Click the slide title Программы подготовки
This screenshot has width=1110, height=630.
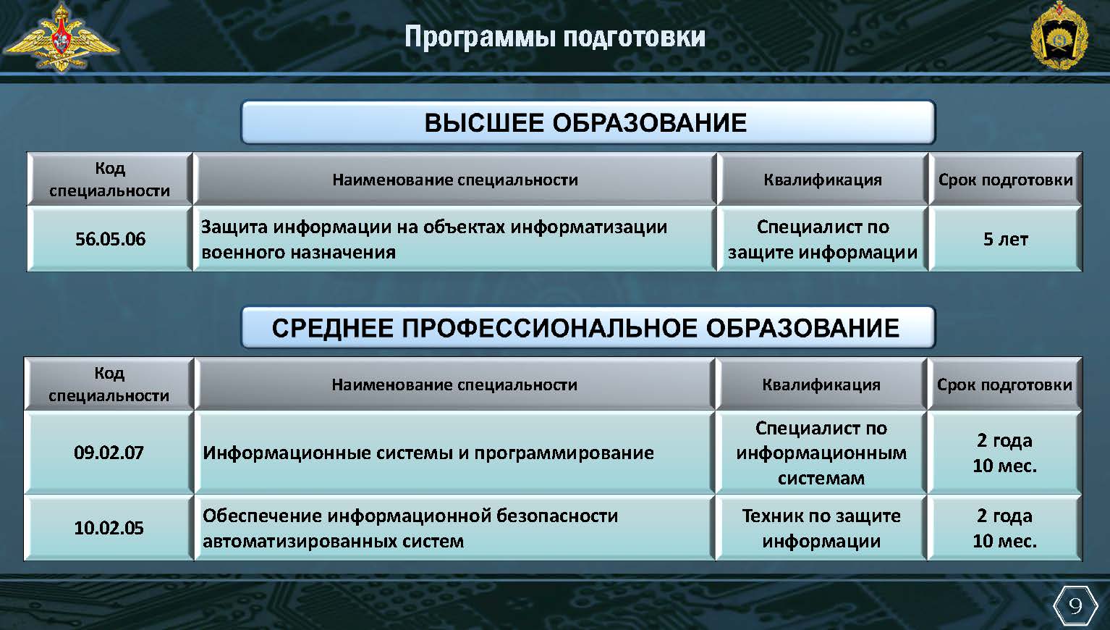tap(555, 37)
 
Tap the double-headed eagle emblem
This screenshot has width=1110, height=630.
tap(61, 37)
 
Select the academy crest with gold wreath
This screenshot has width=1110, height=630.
tap(1059, 35)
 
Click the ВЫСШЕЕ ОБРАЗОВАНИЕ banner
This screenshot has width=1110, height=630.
tap(588, 122)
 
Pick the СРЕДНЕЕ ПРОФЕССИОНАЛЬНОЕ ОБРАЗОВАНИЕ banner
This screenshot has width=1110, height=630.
tap(588, 328)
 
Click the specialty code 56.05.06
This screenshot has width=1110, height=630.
tap(110, 239)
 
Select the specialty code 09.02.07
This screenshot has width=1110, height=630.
tap(109, 453)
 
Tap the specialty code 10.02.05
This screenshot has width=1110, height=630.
tap(109, 528)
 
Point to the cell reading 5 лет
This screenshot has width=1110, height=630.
tap(1006, 239)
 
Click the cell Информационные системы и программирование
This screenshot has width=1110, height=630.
tap(454, 453)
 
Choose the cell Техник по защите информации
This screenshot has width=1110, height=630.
tap(821, 528)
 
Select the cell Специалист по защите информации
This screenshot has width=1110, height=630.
tap(823, 239)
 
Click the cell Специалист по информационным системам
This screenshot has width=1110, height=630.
tap(821, 453)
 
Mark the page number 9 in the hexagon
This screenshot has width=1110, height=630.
tap(1075, 605)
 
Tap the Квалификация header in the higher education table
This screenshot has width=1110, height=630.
tap(823, 179)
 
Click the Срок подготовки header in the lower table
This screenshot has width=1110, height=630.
tap(1004, 385)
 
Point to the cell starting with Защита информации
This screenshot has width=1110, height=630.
tap(454, 239)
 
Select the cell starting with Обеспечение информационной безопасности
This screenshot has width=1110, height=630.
tap(454, 528)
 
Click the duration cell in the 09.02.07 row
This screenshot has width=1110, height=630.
tap(1004, 453)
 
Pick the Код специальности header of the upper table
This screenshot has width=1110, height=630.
tap(110, 179)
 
